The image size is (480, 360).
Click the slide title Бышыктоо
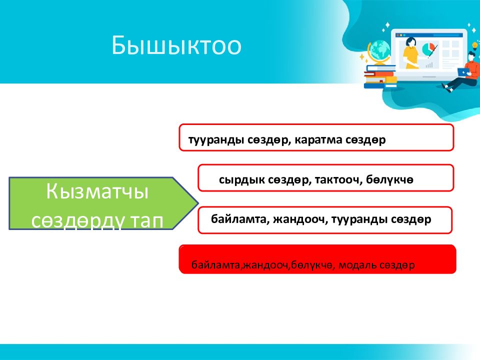point(176,46)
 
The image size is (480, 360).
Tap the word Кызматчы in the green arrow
point(97,192)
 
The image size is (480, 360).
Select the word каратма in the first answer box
point(318,140)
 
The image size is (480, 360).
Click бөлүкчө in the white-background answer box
point(389,179)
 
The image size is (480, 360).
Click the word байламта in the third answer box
point(238,219)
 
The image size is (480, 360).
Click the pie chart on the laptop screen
point(429,49)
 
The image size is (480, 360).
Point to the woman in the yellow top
point(410,53)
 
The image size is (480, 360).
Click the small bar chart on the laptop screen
point(429,65)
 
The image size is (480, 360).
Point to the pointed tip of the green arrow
point(198,203)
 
